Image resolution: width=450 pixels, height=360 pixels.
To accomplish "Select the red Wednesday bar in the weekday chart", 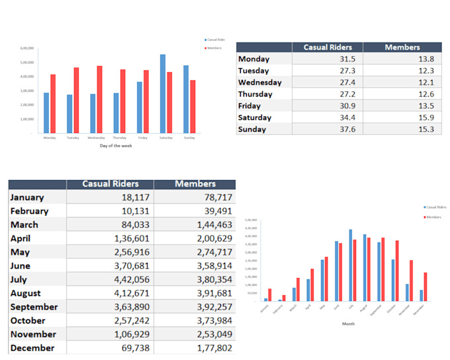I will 99,99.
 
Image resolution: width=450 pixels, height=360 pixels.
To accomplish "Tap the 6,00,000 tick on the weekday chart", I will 27,48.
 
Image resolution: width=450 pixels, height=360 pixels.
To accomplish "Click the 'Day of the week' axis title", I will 116,146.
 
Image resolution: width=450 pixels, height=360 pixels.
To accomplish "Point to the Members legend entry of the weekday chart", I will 214,48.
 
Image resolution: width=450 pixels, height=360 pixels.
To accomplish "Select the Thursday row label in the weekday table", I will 255,94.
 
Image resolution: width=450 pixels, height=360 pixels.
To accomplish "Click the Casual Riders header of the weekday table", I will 328,47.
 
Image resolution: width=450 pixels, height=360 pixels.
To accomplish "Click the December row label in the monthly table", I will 32,348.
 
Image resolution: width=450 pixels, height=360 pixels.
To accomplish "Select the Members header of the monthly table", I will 195,183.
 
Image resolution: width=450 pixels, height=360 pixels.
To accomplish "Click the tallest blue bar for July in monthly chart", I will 350,265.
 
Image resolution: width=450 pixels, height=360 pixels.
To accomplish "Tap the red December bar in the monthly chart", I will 425,287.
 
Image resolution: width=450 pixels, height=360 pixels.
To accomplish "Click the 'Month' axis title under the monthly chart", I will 348,324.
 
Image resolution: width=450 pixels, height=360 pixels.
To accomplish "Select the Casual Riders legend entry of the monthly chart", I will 435,207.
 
